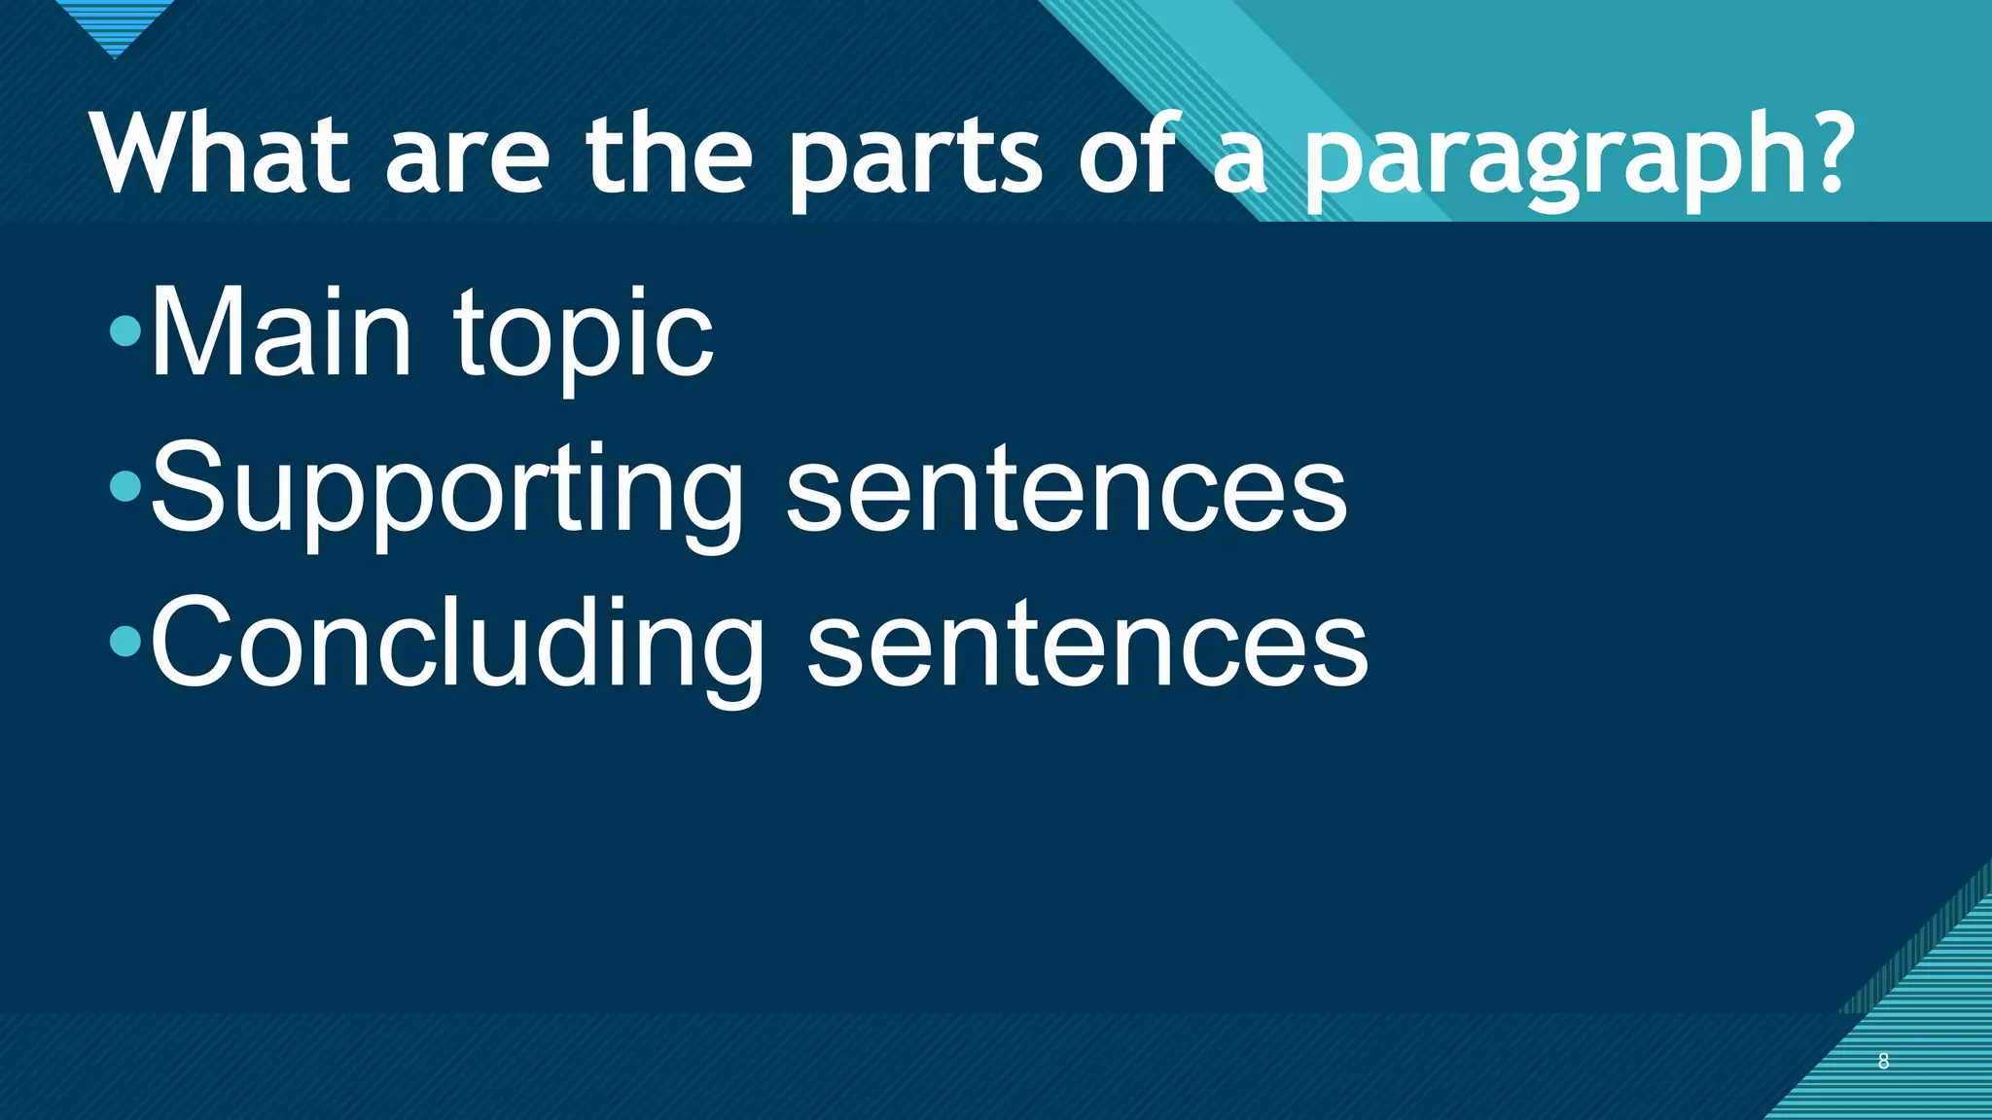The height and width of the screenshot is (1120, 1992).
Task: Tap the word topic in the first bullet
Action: pos(584,335)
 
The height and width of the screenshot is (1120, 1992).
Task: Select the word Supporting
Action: pos(447,491)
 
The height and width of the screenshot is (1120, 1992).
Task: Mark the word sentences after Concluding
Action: pos(1087,647)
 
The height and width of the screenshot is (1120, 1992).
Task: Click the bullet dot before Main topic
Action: pos(125,332)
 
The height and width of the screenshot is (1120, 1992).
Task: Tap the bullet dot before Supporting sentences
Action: pos(125,486)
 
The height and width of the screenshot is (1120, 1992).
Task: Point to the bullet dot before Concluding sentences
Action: pos(125,641)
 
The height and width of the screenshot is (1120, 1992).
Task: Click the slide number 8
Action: pos(1883,1062)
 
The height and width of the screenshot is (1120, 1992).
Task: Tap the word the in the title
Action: pos(668,156)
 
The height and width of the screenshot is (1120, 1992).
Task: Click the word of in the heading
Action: pos(1129,156)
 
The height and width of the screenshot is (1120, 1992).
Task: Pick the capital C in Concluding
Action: pos(192,643)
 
